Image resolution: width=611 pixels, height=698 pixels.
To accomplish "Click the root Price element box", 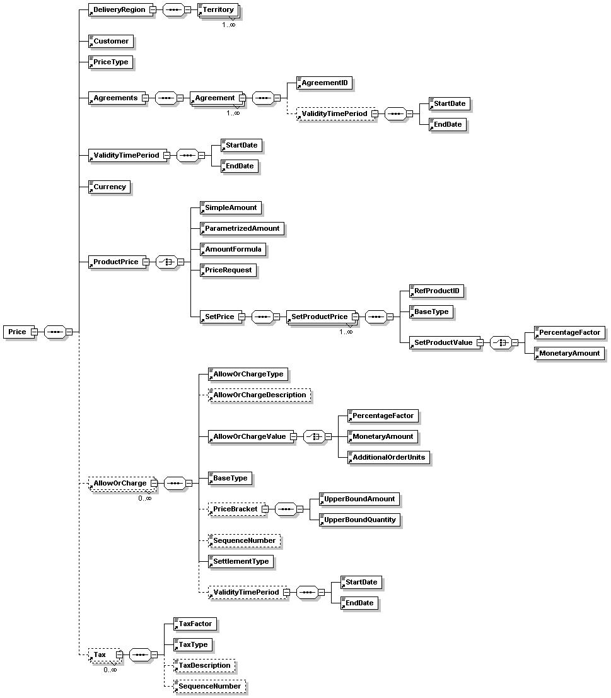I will pos(17,332).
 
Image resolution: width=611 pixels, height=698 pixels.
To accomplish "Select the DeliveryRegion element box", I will pos(119,10).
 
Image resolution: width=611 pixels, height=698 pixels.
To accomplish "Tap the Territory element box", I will pos(218,10).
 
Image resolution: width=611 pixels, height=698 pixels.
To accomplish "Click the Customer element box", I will pos(110,42).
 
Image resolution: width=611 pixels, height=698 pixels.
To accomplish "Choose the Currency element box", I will pos(110,187).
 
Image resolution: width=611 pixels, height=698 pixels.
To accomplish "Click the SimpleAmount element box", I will pos(230,207).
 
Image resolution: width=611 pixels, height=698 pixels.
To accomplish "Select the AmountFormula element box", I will pos(232,249).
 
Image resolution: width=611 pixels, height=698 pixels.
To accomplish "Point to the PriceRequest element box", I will pos(228,270).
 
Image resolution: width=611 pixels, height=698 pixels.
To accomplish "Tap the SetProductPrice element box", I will pos(320,317).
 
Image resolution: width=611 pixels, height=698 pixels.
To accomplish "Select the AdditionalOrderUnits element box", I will pos(388,457).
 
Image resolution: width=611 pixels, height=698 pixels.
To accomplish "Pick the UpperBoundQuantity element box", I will pos(359,520).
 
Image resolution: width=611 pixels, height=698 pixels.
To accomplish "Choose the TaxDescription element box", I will pos(204,665).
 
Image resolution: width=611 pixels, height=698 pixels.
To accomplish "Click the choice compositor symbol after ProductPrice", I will pos(166,262).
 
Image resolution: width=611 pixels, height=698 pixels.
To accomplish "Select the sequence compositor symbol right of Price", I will pos(55,332).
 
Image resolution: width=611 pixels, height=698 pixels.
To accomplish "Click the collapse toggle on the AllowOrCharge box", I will pos(154,484).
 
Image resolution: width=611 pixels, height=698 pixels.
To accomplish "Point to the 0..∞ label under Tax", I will pos(110,670).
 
